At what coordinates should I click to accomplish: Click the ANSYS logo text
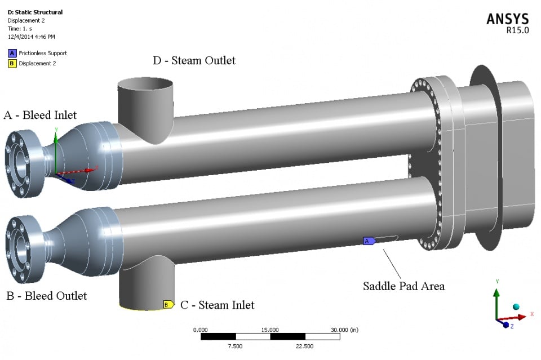click(508, 19)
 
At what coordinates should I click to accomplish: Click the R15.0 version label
click(518, 30)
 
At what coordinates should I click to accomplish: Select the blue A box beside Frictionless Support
click(11, 53)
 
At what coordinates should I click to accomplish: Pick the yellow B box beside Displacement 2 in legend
click(11, 63)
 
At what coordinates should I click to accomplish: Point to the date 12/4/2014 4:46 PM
click(32, 37)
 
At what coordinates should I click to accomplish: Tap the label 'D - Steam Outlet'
click(194, 60)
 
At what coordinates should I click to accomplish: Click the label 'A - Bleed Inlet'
click(40, 115)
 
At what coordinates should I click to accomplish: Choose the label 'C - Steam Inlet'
click(217, 305)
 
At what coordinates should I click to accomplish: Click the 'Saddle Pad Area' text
click(403, 286)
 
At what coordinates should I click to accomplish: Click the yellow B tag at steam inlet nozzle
click(167, 305)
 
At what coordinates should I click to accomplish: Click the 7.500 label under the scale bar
click(234, 346)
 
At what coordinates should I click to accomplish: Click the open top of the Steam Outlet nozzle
click(145, 86)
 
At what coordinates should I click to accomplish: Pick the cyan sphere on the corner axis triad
click(515, 307)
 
